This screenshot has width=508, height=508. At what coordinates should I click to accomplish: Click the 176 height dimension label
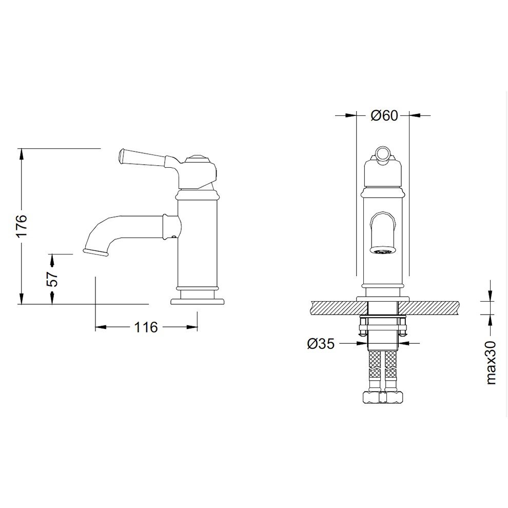23,226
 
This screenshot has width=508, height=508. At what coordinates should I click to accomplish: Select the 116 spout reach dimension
146,327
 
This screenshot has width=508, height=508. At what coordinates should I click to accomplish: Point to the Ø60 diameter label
384,115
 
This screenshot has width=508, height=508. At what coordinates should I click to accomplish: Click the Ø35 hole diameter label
321,343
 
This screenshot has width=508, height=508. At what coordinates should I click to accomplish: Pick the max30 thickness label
491,363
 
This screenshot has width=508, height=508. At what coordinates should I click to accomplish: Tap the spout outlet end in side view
95,252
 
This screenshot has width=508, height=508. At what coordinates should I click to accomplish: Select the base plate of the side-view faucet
198,302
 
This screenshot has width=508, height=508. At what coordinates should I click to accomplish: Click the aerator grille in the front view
384,250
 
